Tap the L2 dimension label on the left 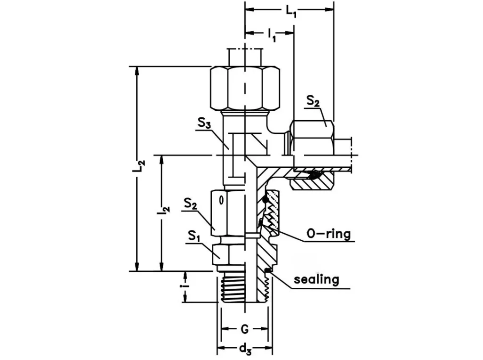(x=139, y=166)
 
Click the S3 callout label (x=204, y=124)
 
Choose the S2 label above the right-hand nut (x=313, y=101)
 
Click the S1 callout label (x=193, y=236)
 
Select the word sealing (x=316, y=279)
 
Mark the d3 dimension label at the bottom (x=244, y=349)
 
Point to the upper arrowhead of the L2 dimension (x=137, y=70)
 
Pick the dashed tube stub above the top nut (x=245, y=57)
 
